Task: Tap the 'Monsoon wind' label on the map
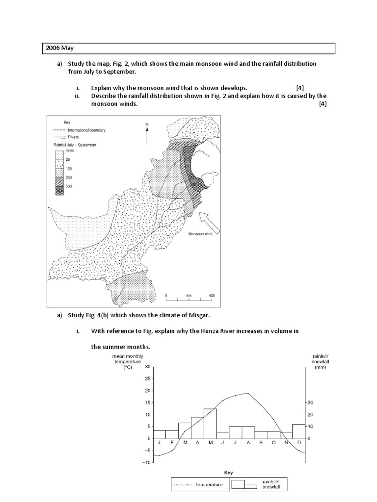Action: pos(200,234)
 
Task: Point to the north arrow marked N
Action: pos(147,132)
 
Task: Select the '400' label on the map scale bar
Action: pos(212,296)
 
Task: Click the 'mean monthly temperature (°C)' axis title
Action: pos(127,361)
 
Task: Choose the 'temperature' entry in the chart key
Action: pos(209,485)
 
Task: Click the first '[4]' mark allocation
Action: pos(299,88)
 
